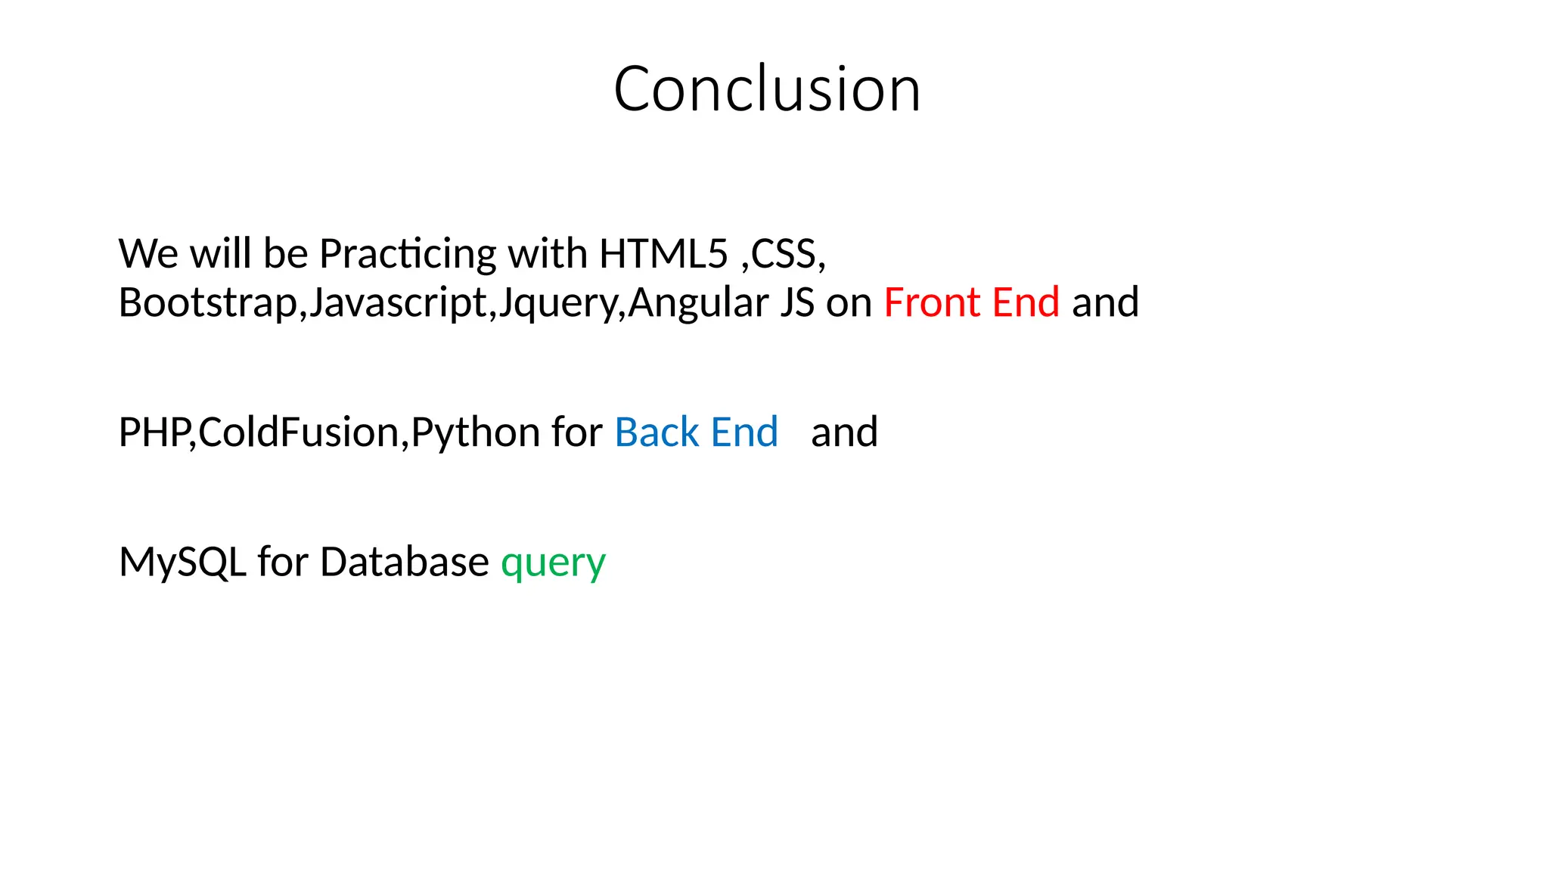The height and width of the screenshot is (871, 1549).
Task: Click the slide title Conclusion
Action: tap(767, 89)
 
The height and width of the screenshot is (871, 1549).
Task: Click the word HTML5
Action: tap(663, 253)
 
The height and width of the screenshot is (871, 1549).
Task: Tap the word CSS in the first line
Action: tap(784, 253)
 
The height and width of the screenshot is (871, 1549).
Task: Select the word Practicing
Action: tap(408, 255)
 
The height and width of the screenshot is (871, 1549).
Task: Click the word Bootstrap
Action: tap(208, 303)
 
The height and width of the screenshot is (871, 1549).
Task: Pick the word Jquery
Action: tap(558, 303)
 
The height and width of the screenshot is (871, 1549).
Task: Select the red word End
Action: tap(1026, 302)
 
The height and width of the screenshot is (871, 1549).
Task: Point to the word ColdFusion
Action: tap(300, 432)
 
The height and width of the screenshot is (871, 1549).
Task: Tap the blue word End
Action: tap(744, 432)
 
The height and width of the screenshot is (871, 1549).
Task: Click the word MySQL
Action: tap(182, 563)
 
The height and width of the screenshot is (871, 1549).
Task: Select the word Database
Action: tap(404, 562)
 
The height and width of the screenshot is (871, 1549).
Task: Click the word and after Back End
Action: tap(844, 432)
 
